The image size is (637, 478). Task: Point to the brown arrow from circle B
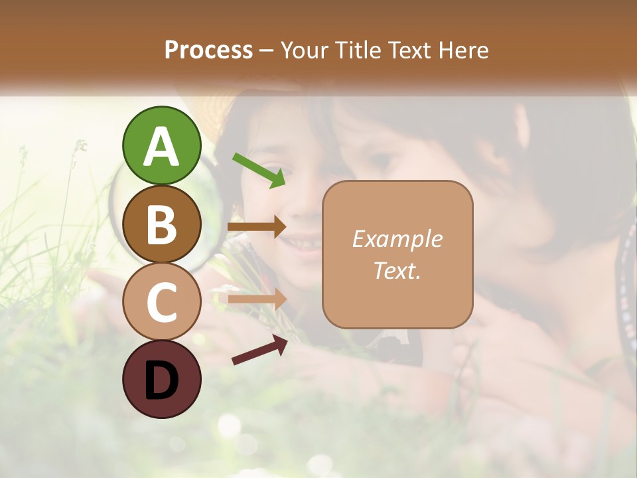tap(257, 227)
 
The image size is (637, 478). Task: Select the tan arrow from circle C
tap(257, 299)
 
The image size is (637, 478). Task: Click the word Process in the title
tap(208, 50)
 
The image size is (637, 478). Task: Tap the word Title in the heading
tap(355, 50)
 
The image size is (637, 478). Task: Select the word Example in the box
tap(397, 240)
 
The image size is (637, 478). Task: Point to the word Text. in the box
tap(397, 271)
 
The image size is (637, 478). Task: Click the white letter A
tap(161, 146)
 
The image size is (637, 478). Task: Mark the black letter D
tap(161, 380)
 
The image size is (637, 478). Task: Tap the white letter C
tap(161, 303)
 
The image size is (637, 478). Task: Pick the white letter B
tap(161, 225)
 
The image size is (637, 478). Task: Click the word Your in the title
tap(304, 50)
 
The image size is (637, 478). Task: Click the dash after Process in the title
tap(267, 51)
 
